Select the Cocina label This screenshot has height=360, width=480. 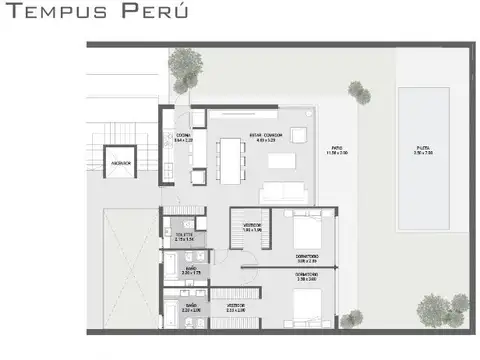pos(183,138)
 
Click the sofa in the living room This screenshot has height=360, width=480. pos(285,193)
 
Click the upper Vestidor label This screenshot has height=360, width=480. pos(252,227)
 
